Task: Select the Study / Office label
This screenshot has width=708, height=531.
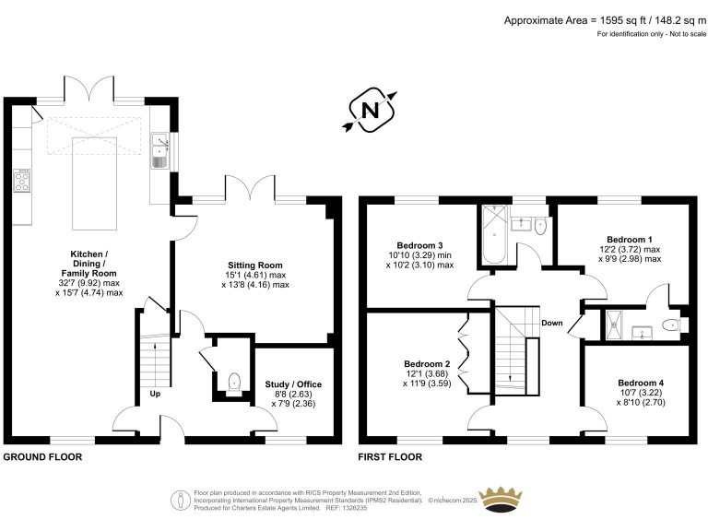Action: [x=293, y=384]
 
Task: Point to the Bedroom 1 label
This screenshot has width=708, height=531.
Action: [x=626, y=237]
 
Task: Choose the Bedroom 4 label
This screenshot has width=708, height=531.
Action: [x=640, y=383]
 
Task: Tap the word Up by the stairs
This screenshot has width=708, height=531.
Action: [x=156, y=395]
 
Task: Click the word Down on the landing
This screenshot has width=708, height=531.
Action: [x=552, y=323]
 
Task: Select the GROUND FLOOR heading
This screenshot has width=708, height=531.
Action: [x=42, y=457]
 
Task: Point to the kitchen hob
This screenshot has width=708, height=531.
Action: [x=23, y=181]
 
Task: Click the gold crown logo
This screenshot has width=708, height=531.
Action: [x=510, y=499]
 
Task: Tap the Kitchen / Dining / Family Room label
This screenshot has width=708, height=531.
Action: [x=89, y=264]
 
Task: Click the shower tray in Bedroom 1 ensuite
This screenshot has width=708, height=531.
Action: [x=614, y=324]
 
